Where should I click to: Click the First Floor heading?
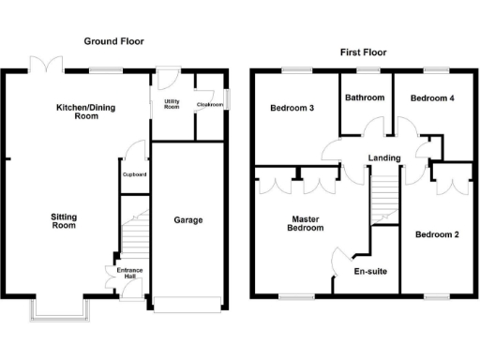pyautogui.click(x=363, y=52)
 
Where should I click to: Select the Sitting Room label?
pyautogui.click(x=63, y=220)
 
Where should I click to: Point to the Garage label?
pyautogui.click(x=188, y=220)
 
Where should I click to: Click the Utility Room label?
pyautogui.click(x=172, y=103)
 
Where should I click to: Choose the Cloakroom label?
pyautogui.click(x=209, y=105)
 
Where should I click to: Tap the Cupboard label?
pyautogui.click(x=134, y=174)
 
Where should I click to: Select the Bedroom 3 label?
pyautogui.click(x=292, y=108)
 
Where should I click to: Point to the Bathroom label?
pyautogui.click(x=364, y=97)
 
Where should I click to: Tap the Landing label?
pyautogui.click(x=385, y=157)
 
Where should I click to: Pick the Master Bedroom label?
pyautogui.click(x=305, y=222)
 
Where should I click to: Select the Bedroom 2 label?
pyautogui.click(x=437, y=233)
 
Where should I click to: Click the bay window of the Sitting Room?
pyautogui.click(x=56, y=308)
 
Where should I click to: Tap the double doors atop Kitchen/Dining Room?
pyautogui.click(x=46, y=65)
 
